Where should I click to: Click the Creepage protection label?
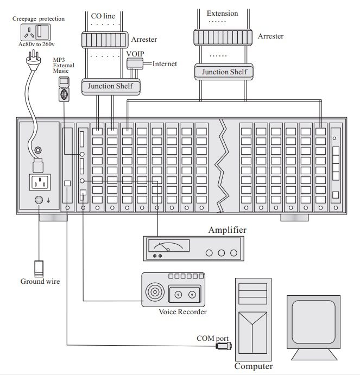(x=39, y=18)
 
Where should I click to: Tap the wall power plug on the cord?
(x=33, y=61)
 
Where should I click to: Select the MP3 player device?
(x=64, y=89)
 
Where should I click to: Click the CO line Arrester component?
(x=105, y=40)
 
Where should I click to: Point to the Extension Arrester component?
(x=223, y=37)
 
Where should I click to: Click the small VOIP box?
(x=135, y=63)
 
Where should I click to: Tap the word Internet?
(x=165, y=64)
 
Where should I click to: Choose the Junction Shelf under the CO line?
(x=111, y=87)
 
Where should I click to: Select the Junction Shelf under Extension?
(x=224, y=72)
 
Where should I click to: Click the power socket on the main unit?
(x=40, y=182)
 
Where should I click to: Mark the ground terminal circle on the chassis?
(x=39, y=200)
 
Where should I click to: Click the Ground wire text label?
(x=40, y=281)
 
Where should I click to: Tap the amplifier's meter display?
(x=169, y=245)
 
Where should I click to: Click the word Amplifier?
(x=227, y=230)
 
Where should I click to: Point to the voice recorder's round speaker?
(x=155, y=292)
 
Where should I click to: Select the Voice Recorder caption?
(x=182, y=312)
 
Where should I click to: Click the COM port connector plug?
(x=224, y=346)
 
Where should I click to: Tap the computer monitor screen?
(x=313, y=322)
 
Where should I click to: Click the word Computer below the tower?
(x=254, y=366)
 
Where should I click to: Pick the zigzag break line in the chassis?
(x=222, y=166)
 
